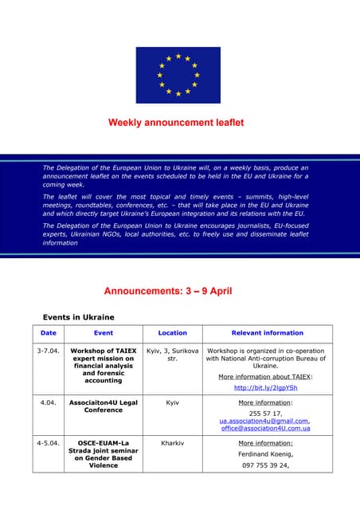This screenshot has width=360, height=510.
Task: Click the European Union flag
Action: coord(178,75)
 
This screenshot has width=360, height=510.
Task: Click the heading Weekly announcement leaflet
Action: coord(176,123)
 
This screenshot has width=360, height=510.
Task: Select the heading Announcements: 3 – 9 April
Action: coord(168,291)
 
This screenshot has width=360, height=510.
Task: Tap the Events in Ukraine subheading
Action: coord(78,317)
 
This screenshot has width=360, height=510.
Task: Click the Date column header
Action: coord(49,333)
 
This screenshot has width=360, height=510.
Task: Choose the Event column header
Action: coord(104,333)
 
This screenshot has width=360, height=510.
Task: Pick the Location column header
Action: coord(173,333)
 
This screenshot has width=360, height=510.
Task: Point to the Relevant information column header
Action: coord(267,333)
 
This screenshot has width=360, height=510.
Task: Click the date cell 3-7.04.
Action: coord(49,351)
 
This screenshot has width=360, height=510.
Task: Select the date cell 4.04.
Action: coord(49,403)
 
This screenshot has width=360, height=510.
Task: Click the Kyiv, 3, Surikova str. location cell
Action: coord(173,355)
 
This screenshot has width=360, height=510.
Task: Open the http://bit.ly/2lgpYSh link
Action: coord(266,388)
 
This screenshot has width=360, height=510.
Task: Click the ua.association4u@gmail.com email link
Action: coord(265,421)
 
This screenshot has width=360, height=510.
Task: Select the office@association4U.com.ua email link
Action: coord(266,429)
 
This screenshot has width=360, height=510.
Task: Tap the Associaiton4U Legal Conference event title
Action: coord(104,406)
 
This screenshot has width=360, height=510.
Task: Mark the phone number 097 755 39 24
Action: coord(266,465)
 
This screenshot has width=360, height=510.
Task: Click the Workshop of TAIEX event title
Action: coord(104,351)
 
